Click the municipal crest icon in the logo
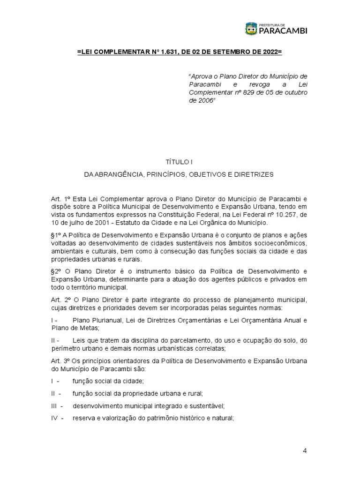(x=251, y=29)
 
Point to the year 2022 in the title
(x=270, y=52)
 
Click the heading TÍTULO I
(x=179, y=162)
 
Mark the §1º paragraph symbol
(x=56, y=234)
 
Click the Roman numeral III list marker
(x=56, y=405)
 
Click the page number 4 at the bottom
(x=305, y=451)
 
